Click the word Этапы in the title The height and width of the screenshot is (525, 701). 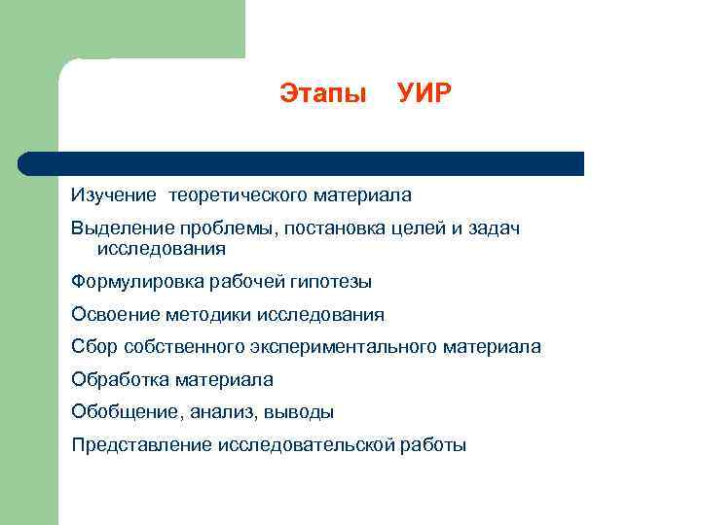[322, 94]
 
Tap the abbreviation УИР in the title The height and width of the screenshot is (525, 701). [424, 94]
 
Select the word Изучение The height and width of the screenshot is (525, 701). [113, 195]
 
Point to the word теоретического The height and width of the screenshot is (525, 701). [238, 195]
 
